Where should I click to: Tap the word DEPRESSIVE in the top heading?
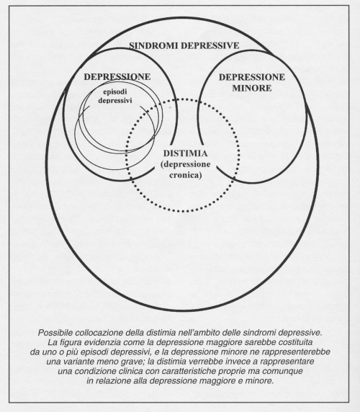coord(210,45)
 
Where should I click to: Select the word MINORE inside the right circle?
coord(252,88)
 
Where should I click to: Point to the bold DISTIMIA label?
coord(185,153)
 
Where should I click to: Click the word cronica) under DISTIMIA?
coord(186,175)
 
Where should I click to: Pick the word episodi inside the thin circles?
coord(115,91)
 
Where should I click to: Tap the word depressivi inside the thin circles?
coord(115,100)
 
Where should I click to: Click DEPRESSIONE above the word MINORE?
coord(252,77)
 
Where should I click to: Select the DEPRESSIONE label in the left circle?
coord(117,77)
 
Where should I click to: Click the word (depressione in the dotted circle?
coord(186,165)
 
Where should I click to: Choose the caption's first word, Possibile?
coord(55,333)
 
